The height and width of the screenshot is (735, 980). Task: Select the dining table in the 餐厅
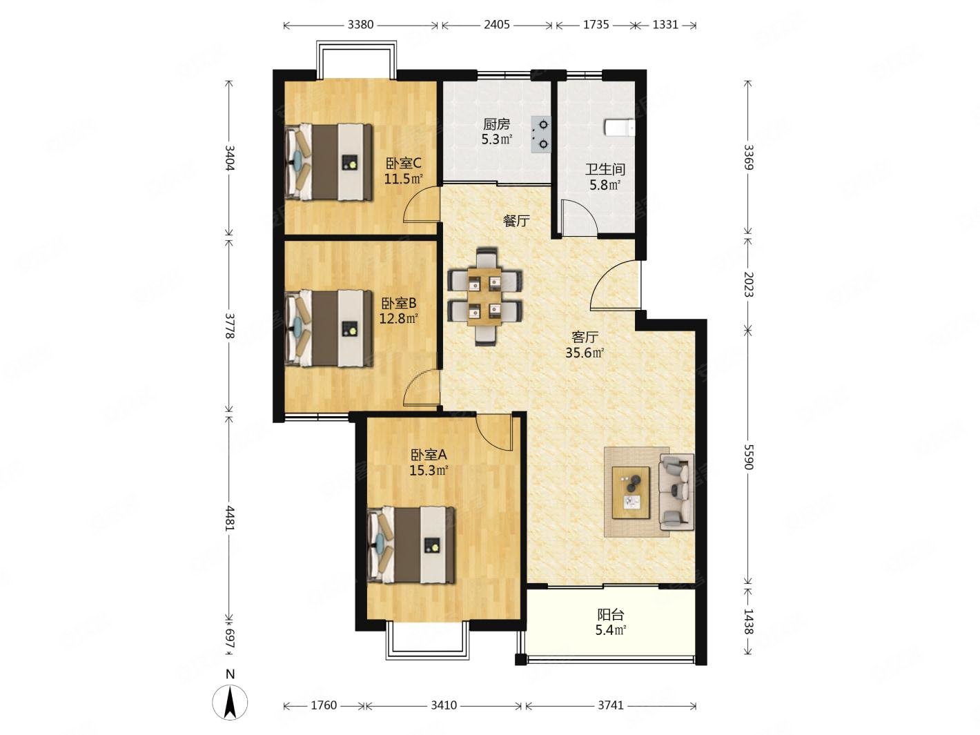pos(485,297)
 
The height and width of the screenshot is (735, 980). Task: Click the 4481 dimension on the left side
pos(230,518)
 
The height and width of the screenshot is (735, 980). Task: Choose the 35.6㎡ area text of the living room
pos(585,353)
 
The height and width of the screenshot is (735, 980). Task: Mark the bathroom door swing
pos(579,217)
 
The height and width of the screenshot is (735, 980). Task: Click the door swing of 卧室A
pos(494,431)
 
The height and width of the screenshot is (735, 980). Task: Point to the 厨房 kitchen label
pos(496,124)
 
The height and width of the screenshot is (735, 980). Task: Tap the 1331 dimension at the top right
pos(665,25)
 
